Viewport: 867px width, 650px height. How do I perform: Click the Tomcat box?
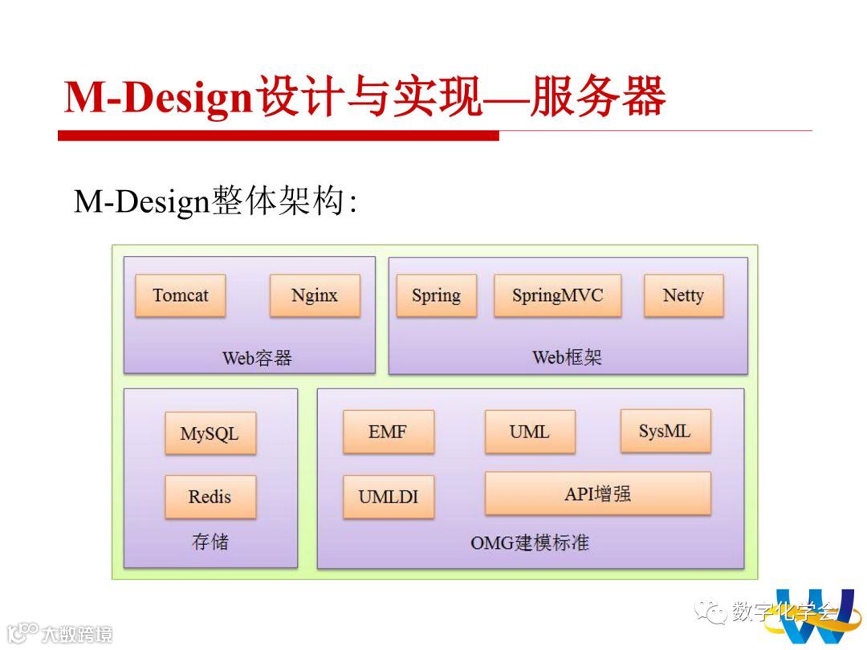coord(180,295)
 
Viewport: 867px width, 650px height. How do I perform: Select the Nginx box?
coord(315,295)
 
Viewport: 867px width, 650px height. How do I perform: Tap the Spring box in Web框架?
coord(436,295)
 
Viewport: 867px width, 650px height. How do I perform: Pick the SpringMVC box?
coord(557,295)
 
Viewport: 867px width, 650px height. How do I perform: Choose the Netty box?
coord(683,295)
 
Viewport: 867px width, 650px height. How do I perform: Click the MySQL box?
coord(210,434)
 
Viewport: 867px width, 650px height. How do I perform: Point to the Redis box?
coord(210,497)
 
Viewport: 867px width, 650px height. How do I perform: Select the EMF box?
coord(388,432)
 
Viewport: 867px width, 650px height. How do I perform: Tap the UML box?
coord(530,432)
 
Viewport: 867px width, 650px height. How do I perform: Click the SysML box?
coord(665,431)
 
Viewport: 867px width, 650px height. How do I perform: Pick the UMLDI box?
coord(388,497)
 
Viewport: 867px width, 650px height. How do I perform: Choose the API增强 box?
coord(597,494)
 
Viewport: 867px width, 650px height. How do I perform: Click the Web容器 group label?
coord(257,358)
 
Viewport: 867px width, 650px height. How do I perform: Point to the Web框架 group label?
coord(567,357)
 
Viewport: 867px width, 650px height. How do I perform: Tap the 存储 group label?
coord(210,542)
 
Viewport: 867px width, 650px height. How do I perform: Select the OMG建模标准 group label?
coord(530,542)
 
